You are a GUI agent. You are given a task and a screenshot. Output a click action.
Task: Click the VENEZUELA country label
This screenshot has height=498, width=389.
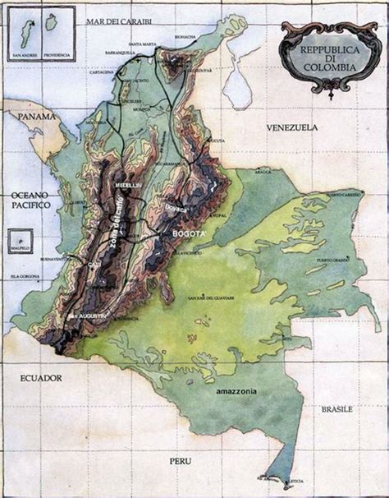point(291,128)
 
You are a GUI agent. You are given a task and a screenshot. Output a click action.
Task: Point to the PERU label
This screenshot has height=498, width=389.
point(181,462)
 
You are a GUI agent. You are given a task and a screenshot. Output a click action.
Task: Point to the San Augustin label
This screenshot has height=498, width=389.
point(88,316)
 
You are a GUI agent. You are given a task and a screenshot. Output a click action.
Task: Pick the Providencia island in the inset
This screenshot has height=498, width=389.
point(51,22)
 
